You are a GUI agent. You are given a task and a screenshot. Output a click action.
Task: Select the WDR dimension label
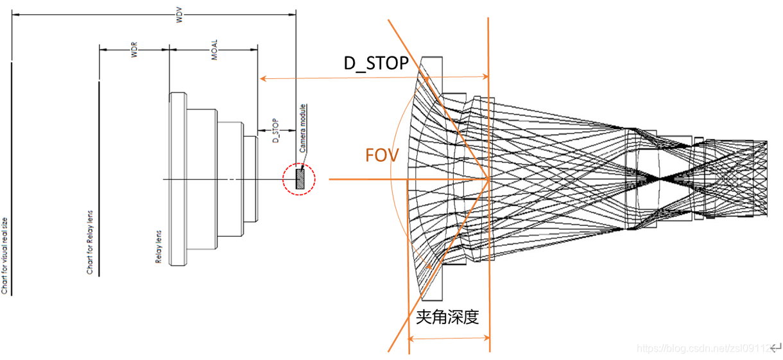[134, 53]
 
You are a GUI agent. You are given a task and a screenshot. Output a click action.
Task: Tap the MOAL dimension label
[214, 53]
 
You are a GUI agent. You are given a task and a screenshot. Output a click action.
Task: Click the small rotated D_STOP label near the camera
[275, 130]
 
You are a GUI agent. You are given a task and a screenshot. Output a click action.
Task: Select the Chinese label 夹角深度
[448, 317]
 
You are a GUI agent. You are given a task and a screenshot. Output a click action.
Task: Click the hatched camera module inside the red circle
[299, 179]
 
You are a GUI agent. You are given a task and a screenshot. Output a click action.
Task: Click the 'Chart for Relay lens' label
[90, 243]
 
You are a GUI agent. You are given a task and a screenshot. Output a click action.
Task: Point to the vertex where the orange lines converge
[489, 180]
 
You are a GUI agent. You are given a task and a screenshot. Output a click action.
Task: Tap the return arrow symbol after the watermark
[775, 348]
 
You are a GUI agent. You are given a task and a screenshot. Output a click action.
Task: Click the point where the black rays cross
[660, 175]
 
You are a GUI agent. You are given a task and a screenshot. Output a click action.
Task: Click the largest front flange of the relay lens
[178, 179]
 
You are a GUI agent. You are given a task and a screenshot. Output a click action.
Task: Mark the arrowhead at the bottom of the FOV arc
[424, 269]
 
